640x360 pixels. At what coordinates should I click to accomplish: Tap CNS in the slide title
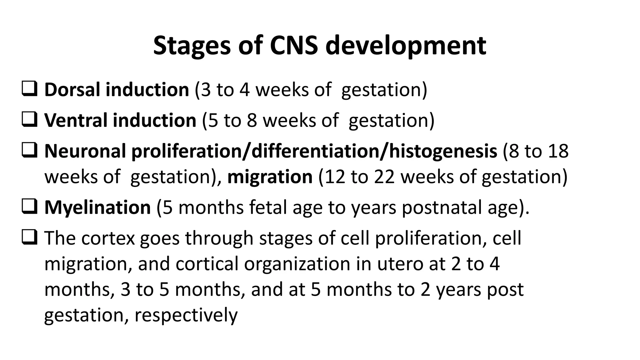click(294, 46)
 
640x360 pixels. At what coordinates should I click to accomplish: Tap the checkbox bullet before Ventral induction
click(30, 120)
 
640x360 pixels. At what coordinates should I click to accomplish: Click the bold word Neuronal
click(85, 151)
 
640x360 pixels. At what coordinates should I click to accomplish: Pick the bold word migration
click(270, 177)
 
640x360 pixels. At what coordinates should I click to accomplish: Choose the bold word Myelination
click(97, 207)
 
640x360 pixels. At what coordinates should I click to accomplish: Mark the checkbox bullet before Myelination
click(30, 207)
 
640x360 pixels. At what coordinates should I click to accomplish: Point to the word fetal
click(267, 207)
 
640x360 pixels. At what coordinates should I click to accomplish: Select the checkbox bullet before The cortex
click(30, 238)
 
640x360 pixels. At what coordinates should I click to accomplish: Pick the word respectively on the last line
click(186, 315)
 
